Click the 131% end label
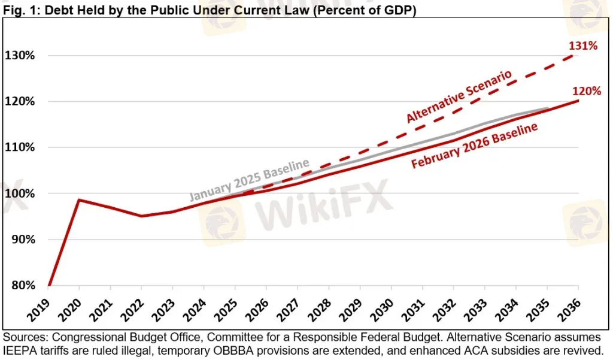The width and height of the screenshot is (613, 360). click(584, 46)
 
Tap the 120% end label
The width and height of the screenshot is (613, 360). click(587, 92)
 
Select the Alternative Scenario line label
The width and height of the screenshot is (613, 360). click(459, 96)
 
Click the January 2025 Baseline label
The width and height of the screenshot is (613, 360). click(249, 180)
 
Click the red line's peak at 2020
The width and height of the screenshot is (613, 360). click(80, 200)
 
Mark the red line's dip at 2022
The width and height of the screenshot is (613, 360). click(142, 216)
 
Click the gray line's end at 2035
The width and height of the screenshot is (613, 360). click(547, 108)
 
